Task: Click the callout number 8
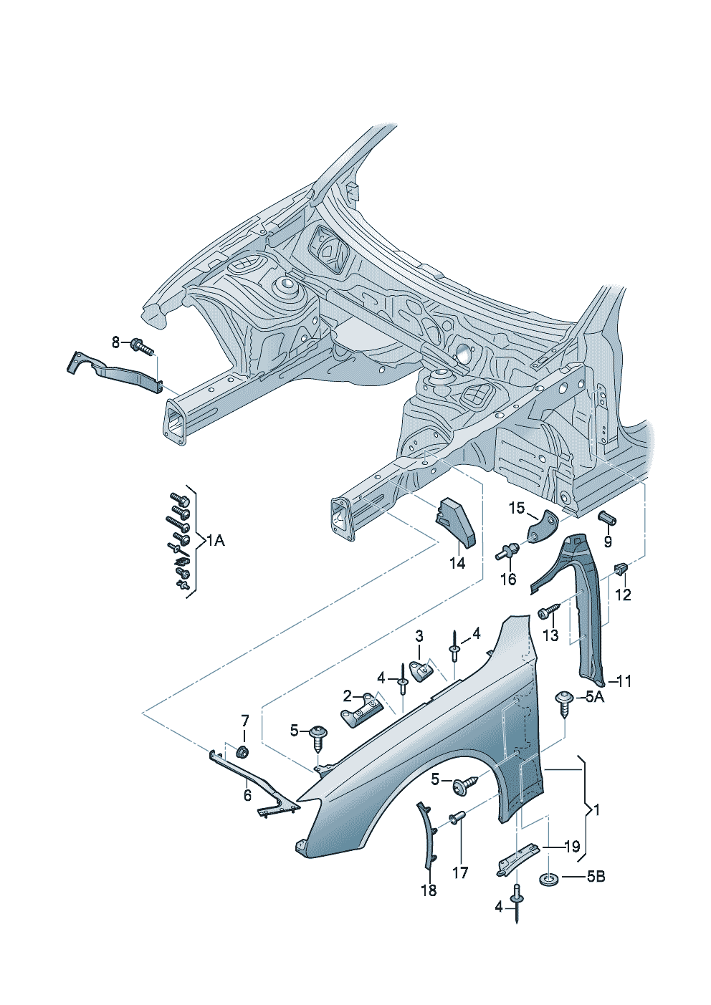(116, 342)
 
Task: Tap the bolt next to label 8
(142, 347)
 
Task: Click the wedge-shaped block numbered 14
(454, 523)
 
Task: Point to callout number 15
(517, 509)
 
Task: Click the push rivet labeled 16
(508, 552)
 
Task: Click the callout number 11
(624, 681)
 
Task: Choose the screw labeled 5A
(565, 701)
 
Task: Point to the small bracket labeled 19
(518, 855)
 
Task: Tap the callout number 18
(429, 890)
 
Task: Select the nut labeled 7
(242, 752)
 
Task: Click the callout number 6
(247, 795)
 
